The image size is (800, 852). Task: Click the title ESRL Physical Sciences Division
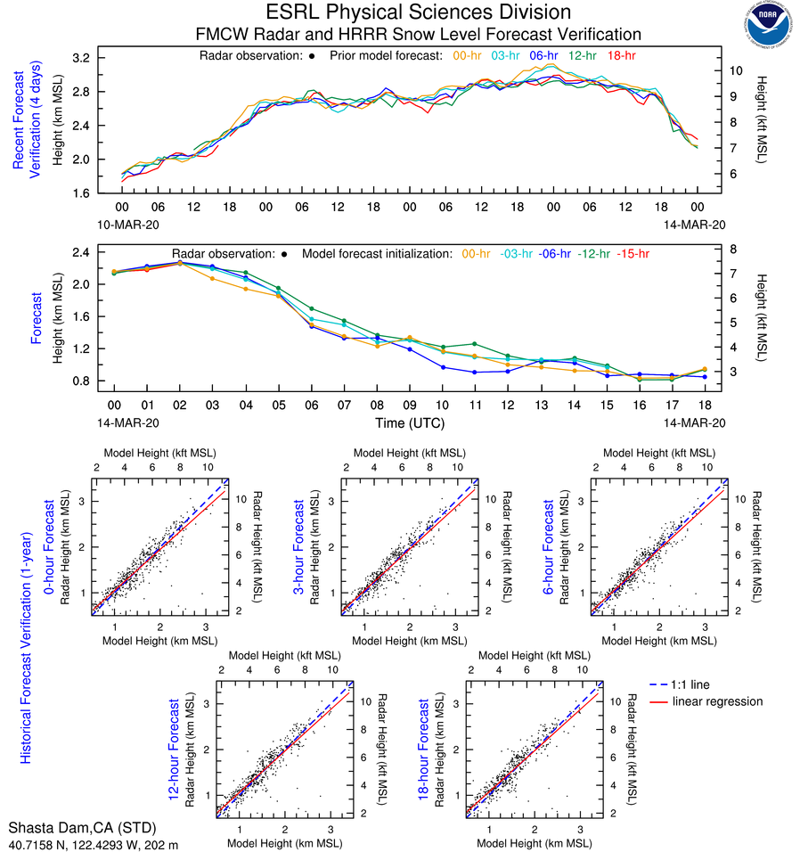(x=419, y=12)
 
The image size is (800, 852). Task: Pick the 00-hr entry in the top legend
(x=469, y=55)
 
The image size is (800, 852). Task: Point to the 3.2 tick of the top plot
(x=81, y=58)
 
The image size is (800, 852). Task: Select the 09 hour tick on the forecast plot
(x=409, y=405)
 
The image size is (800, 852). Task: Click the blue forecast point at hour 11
(x=475, y=372)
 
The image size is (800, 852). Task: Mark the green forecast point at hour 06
(x=312, y=308)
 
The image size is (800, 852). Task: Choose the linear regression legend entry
(x=717, y=701)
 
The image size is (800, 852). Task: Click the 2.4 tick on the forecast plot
(x=81, y=252)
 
